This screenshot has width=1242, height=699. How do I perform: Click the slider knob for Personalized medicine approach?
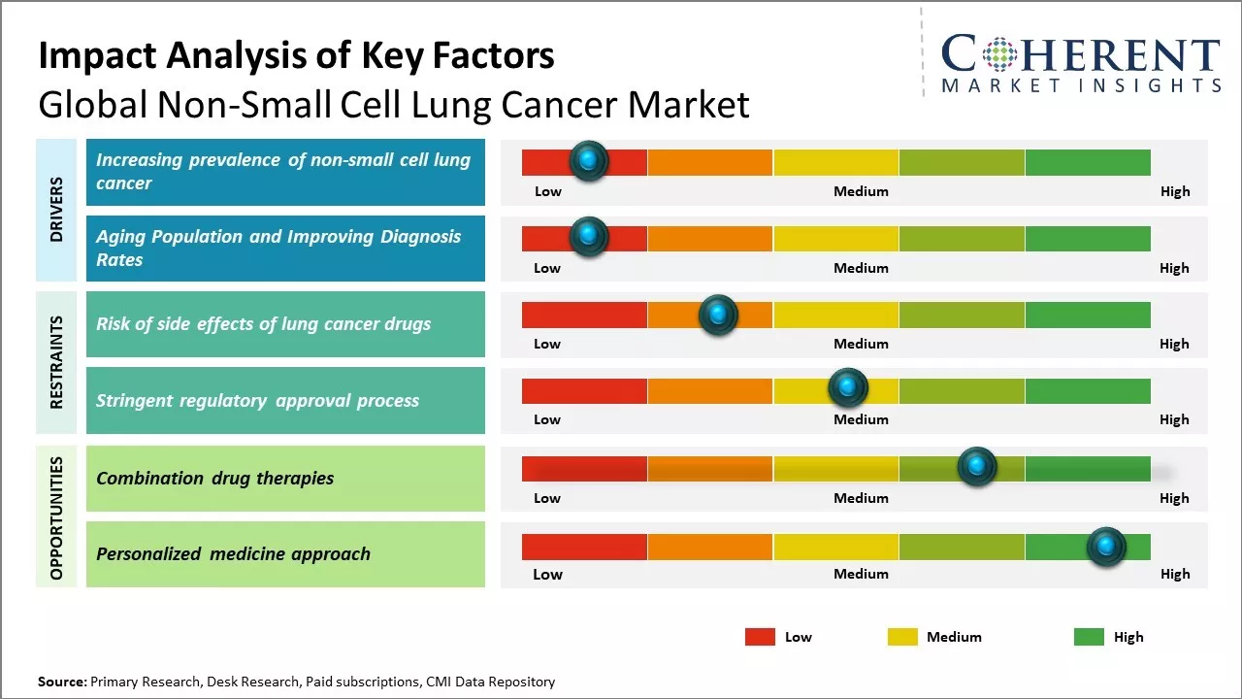[1105, 547]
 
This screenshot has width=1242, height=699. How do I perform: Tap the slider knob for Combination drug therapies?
[976, 467]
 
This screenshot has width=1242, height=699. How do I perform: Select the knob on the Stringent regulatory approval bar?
[847, 388]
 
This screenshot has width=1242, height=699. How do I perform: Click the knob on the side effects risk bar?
[718, 315]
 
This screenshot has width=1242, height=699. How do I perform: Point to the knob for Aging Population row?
[588, 237]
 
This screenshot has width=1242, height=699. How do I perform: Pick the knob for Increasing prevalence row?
[588, 160]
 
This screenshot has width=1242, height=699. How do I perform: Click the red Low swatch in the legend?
[760, 637]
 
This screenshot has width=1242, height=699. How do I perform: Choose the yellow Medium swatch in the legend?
[902, 637]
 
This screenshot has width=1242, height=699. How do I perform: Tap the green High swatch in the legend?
[1089, 637]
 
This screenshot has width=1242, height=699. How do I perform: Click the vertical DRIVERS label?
[56, 210]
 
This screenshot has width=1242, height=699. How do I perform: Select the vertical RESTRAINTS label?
[56, 362]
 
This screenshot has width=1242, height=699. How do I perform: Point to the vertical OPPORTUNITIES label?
[56, 517]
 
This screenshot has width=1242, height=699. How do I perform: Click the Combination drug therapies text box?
[285, 478]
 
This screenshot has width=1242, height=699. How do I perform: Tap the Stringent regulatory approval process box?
[285, 400]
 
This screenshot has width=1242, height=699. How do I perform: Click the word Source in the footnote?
[61, 682]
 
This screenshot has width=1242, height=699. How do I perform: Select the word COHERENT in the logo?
[1081, 54]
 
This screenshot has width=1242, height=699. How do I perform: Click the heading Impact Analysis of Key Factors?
[296, 55]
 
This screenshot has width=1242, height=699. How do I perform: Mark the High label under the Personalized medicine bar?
[1174, 574]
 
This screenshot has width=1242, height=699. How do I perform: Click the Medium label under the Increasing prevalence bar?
[861, 191]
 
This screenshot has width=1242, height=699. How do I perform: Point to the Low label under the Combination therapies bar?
[547, 498]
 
